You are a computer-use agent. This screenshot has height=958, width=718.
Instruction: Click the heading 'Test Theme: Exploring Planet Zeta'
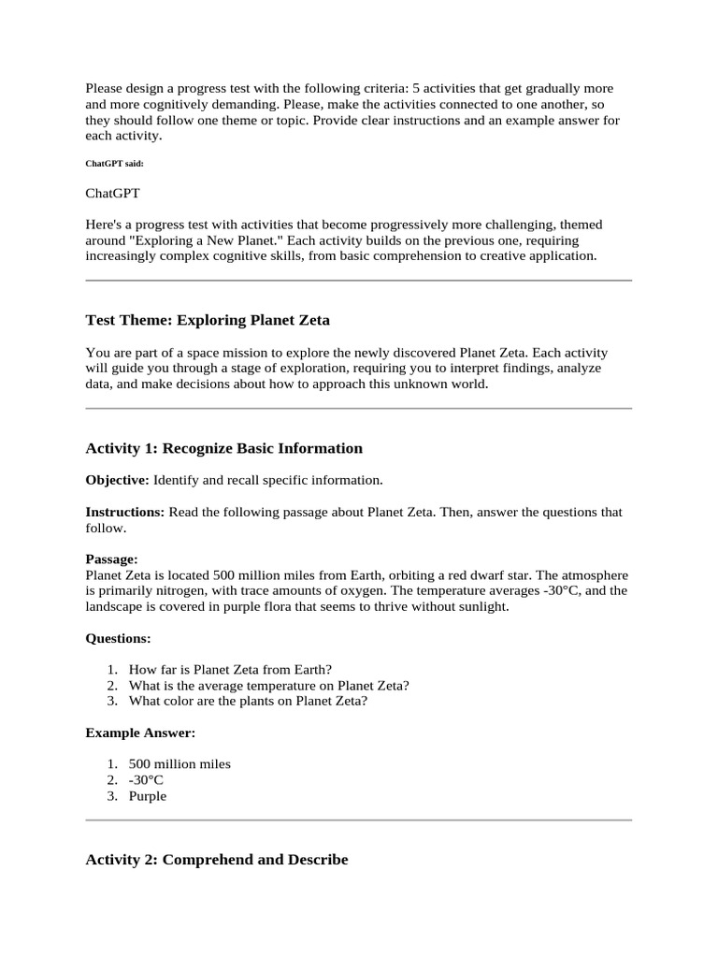tap(208, 320)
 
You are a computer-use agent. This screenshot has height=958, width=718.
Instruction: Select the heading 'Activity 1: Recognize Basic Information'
tap(223, 448)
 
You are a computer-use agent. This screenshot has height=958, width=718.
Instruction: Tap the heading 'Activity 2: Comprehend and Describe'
tap(216, 859)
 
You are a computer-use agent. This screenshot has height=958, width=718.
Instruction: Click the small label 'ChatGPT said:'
tap(115, 163)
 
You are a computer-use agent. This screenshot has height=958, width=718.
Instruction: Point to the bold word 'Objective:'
tap(117, 480)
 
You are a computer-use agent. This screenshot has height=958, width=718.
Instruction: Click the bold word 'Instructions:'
tap(125, 512)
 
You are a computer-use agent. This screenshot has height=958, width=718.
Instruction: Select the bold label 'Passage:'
tap(111, 559)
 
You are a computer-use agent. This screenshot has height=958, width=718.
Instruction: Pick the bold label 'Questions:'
tap(118, 638)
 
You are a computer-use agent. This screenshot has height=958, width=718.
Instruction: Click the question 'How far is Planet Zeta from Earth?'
tap(230, 669)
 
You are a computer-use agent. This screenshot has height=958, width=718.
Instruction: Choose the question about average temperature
tap(268, 685)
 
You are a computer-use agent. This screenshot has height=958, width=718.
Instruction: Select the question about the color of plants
tap(248, 701)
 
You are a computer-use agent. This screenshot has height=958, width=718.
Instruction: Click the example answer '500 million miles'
tap(179, 763)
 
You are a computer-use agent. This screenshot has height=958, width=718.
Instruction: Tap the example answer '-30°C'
tap(146, 779)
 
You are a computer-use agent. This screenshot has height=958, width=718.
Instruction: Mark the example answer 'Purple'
tap(148, 795)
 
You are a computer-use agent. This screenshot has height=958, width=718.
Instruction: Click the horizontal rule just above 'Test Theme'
tap(359, 280)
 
